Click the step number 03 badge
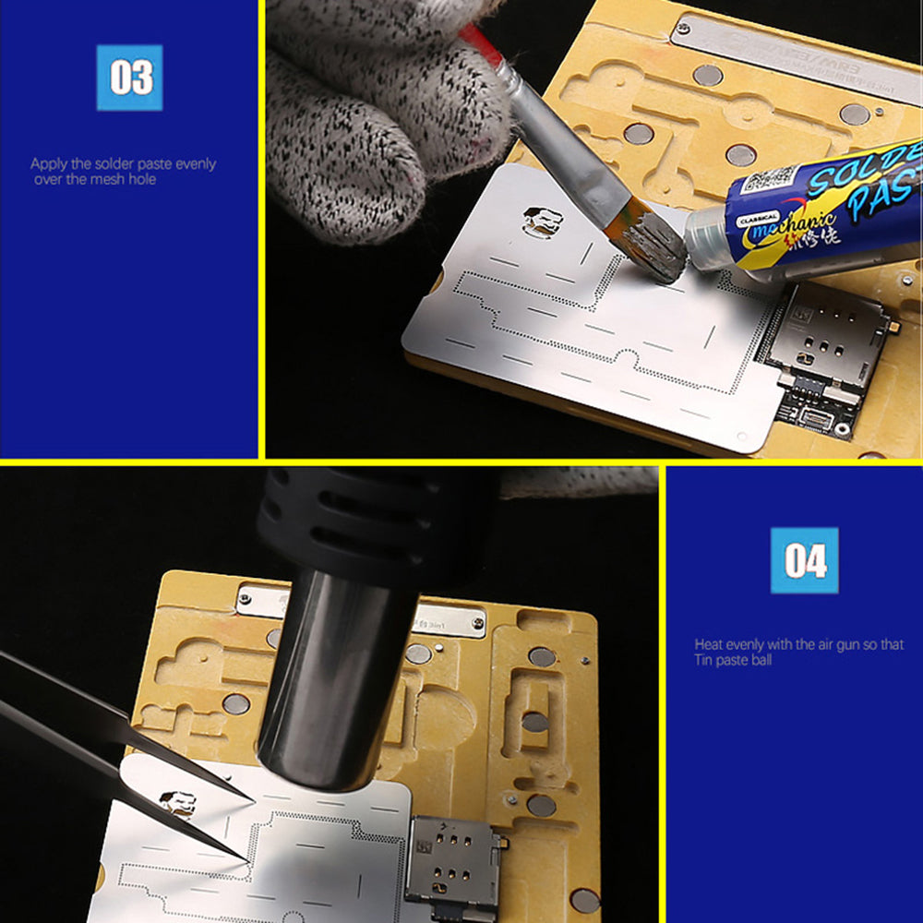129,78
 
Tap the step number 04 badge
805,560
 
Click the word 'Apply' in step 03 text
48,164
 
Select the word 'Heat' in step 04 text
709,644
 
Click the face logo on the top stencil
542,222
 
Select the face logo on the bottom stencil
176,802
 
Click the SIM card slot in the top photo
823,345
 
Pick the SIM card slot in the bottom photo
452,864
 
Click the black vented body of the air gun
369,526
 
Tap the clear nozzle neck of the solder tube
711,242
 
